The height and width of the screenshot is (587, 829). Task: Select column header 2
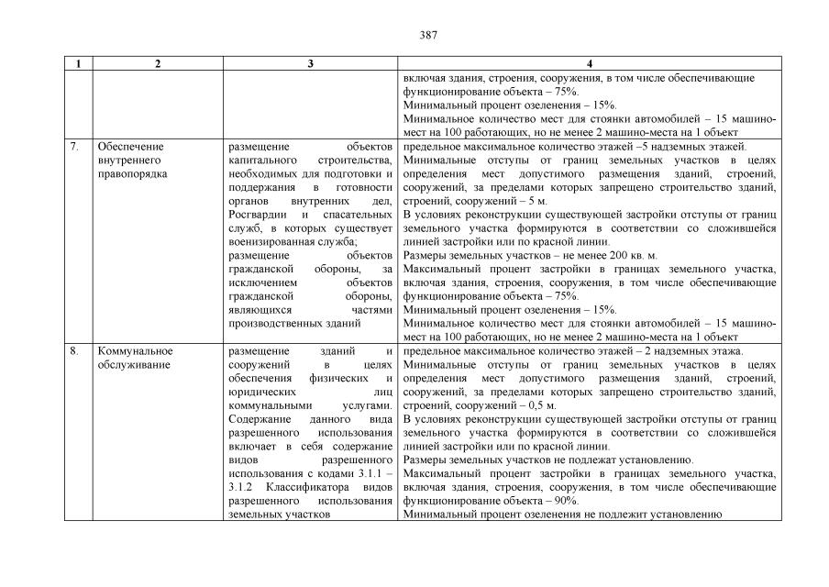(157, 64)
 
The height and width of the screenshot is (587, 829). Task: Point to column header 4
(589, 64)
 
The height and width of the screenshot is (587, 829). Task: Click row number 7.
(74, 147)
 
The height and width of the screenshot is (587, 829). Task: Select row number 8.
(74, 351)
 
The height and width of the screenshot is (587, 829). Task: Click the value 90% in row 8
(564, 501)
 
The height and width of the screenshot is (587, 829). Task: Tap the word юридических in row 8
(260, 392)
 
